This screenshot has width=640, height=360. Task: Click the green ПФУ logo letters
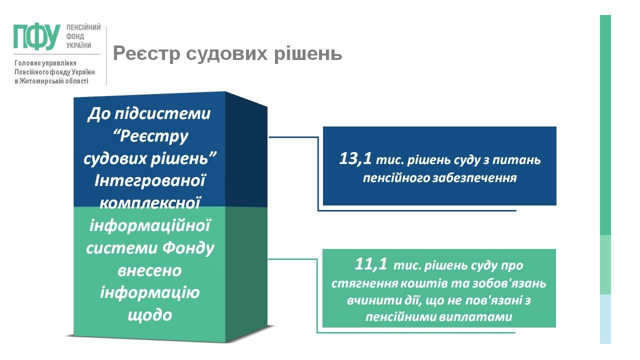click(37, 36)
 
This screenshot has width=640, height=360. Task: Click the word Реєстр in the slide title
click(146, 53)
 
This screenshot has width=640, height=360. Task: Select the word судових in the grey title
click(227, 53)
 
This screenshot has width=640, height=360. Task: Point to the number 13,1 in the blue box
click(355, 159)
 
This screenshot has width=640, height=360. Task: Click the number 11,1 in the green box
click(371, 264)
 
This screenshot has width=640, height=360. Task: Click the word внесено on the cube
click(149, 271)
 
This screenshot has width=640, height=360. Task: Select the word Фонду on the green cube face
click(188, 248)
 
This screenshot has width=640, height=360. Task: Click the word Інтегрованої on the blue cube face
click(150, 181)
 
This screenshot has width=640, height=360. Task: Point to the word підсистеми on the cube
click(162, 114)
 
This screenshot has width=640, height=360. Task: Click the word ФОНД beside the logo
click(75, 36)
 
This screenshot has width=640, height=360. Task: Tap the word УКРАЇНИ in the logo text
click(78, 45)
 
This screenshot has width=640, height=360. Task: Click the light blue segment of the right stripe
click(605, 319)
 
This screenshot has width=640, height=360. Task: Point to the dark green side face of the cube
click(246, 274)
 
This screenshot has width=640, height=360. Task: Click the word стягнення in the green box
click(364, 283)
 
